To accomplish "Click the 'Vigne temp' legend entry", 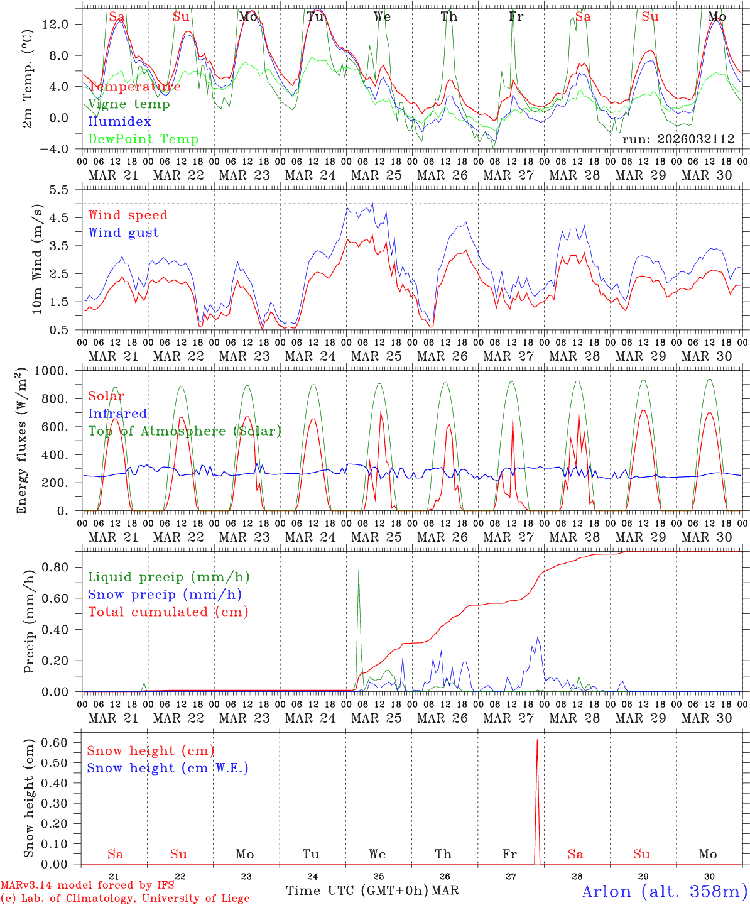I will [129, 104].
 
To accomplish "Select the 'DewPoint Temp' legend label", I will [143, 140].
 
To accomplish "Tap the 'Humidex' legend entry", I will [119, 122].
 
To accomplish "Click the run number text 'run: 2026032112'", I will [678, 140].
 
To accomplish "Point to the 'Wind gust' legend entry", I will [123, 233].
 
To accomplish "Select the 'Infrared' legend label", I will [117, 414].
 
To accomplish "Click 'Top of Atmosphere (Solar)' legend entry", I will [184, 431].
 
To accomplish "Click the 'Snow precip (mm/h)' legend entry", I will [165, 595].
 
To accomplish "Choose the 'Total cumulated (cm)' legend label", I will [168, 612].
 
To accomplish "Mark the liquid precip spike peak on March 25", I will [359, 570].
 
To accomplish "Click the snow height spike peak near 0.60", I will [537, 740].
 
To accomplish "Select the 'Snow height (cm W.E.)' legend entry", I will [168, 768].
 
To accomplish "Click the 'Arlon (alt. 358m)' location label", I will [664, 891].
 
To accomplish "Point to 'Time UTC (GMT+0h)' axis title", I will [357, 891].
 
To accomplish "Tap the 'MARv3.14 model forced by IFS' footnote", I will [87, 886].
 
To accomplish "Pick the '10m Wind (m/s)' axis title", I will [36, 259].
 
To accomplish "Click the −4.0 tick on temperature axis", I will [55, 149].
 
